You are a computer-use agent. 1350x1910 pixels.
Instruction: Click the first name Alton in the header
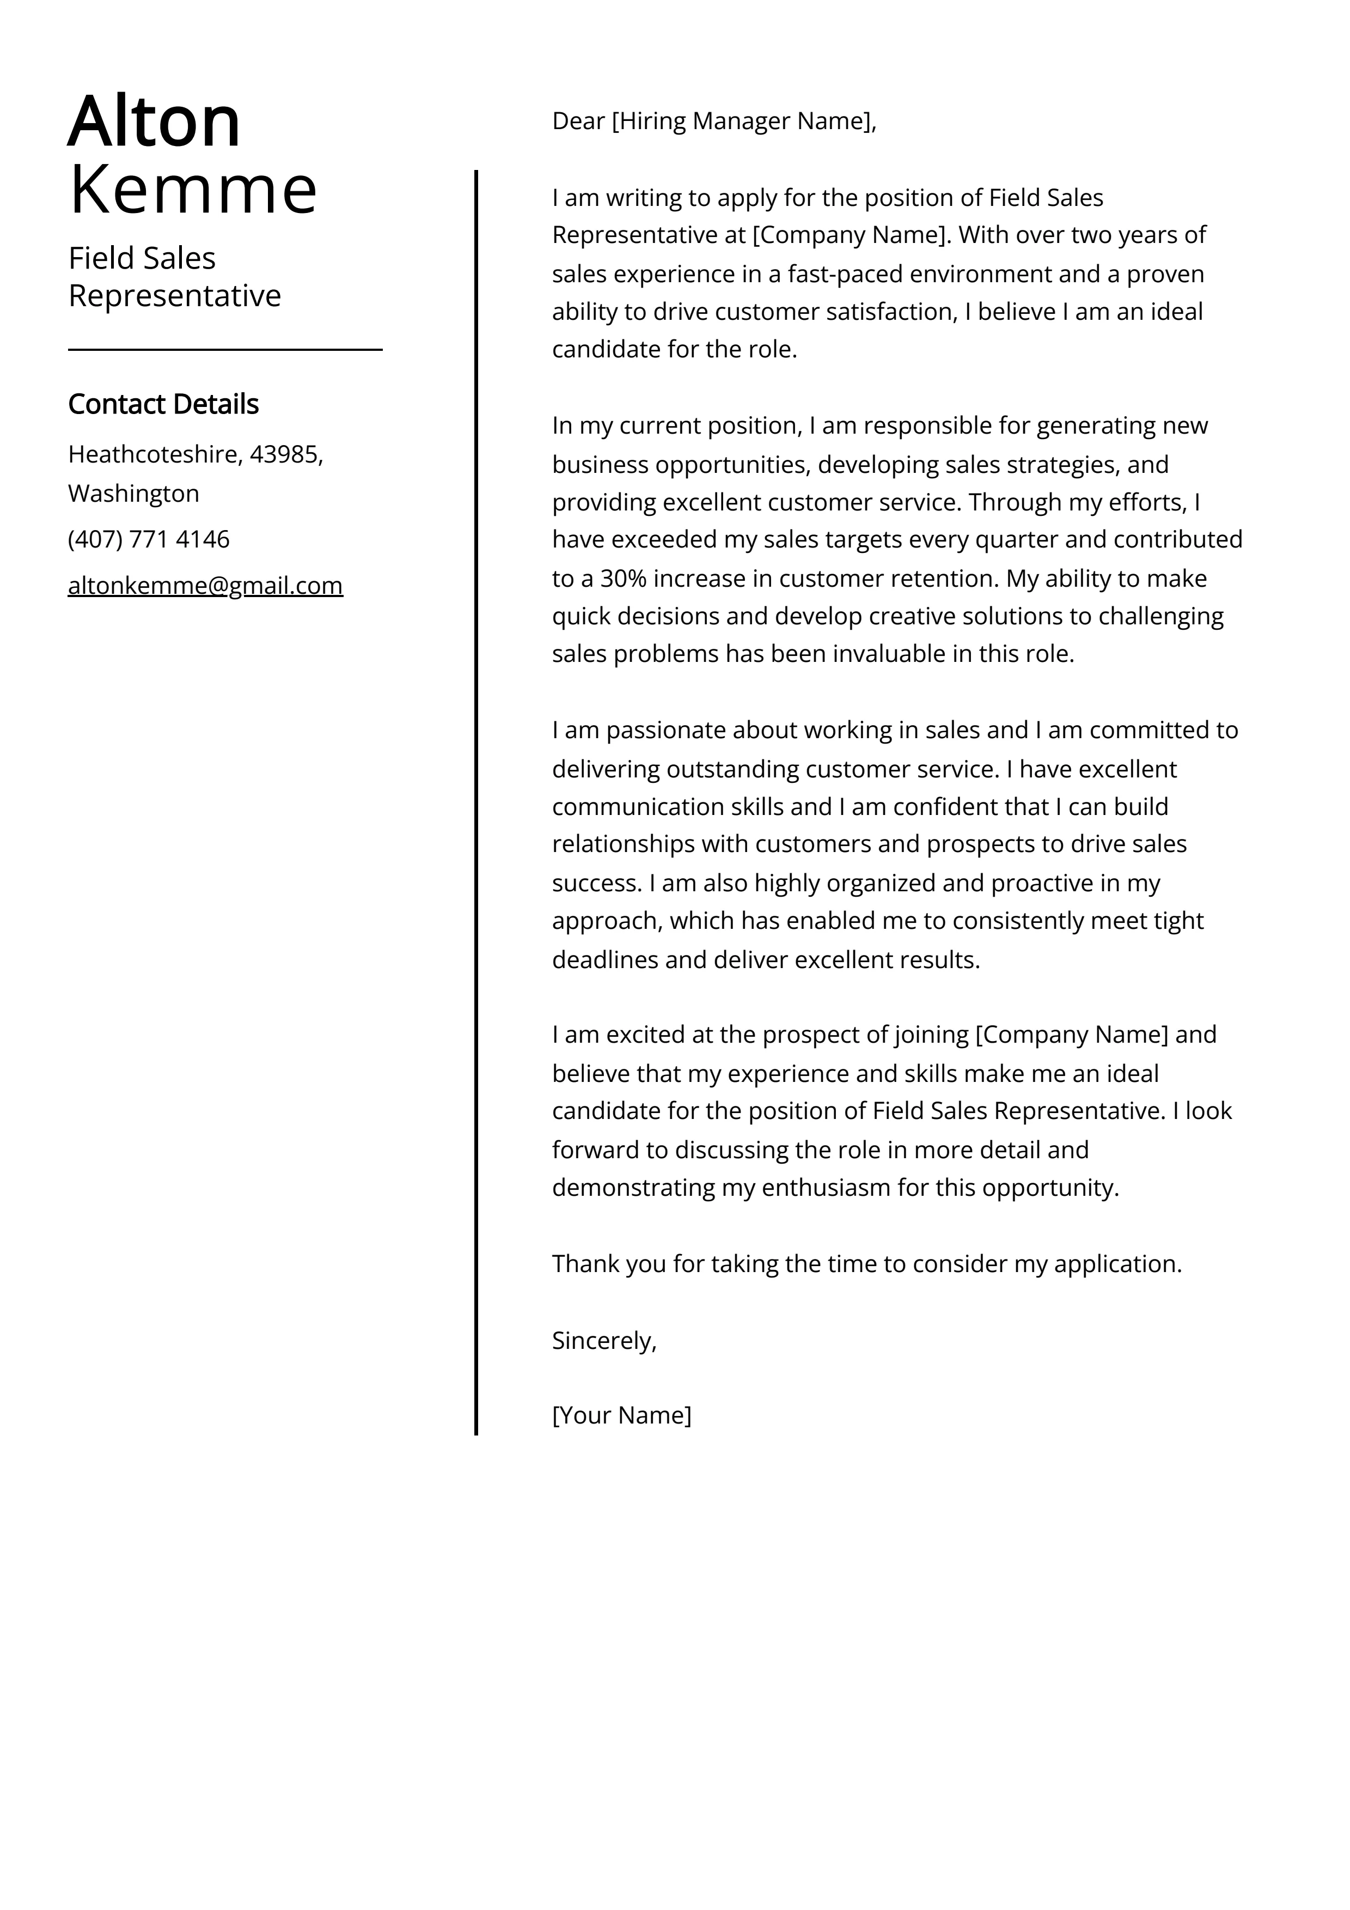pyautogui.click(x=154, y=122)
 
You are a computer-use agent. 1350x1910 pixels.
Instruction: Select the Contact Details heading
pyautogui.click(x=163, y=404)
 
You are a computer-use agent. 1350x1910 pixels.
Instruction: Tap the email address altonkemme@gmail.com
pyautogui.click(x=205, y=586)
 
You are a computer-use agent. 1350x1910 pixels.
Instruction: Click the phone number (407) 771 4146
pyautogui.click(x=148, y=540)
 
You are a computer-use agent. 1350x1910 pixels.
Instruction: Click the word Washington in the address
pyautogui.click(x=133, y=494)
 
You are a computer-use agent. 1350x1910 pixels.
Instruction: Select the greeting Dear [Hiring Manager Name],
pyautogui.click(x=714, y=121)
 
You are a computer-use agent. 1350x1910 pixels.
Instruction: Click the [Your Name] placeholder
pyautogui.click(x=621, y=1415)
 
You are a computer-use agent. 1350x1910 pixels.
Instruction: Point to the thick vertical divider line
pyautogui.click(x=476, y=799)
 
